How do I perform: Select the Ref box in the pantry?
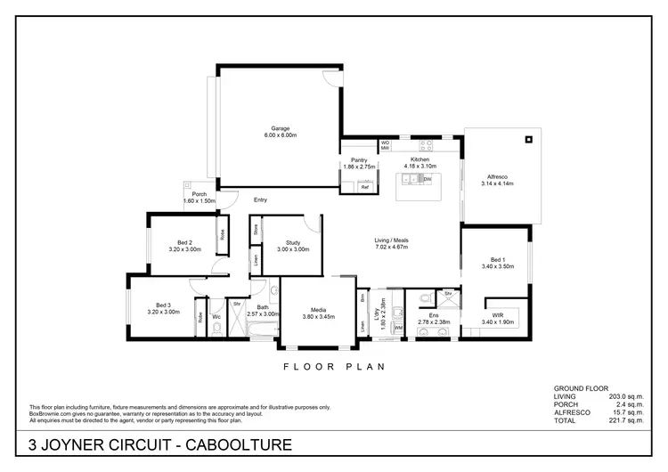[365, 187]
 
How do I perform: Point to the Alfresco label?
[496, 175]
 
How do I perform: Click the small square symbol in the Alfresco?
[528, 138]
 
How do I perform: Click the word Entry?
[260, 199]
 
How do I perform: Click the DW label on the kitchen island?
[428, 180]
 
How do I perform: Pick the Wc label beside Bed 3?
[216, 318]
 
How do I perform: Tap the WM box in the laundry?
[397, 328]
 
